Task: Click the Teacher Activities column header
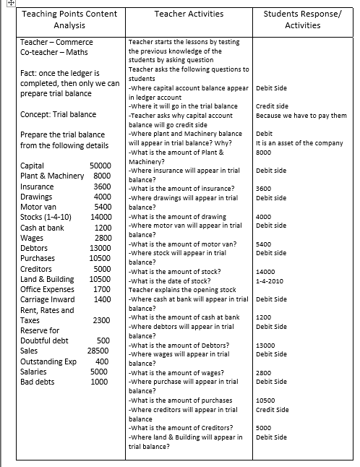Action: [187, 14]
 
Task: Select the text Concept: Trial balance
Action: [58, 114]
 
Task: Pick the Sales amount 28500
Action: [98, 351]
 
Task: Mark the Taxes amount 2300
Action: [102, 320]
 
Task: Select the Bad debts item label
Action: [38, 382]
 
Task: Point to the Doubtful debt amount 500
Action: [103, 340]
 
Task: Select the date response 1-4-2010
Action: [270, 280]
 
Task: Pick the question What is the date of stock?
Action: [171, 280]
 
